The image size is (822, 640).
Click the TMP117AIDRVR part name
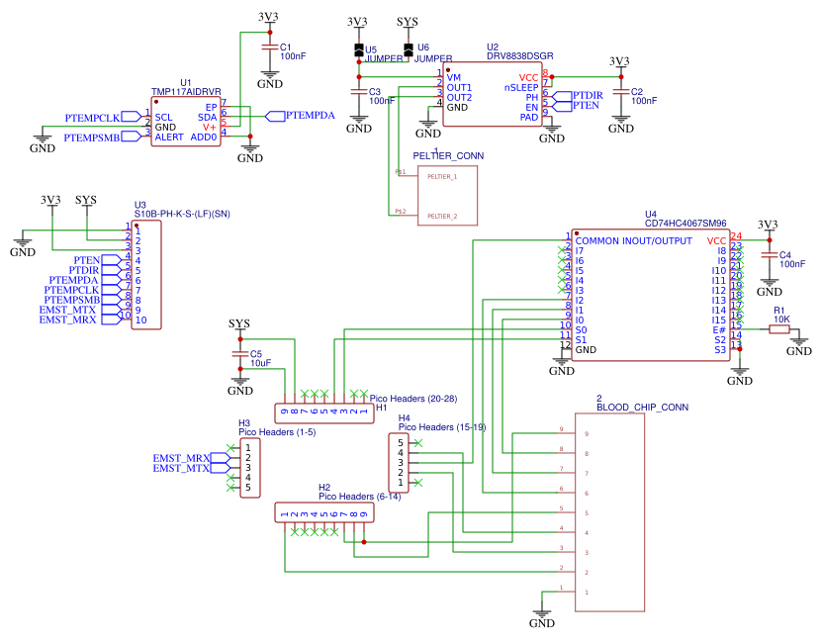[185, 92]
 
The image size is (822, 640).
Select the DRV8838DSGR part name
[519, 56]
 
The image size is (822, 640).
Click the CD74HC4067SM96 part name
[685, 225]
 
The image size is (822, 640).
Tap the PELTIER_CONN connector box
[448, 195]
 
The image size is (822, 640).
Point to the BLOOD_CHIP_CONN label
[642, 407]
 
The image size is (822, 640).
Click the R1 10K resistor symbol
[779, 329]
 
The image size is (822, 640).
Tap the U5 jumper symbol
[359, 49]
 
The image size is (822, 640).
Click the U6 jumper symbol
[410, 48]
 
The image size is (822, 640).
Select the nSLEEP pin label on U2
[521, 87]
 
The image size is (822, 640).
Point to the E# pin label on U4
[719, 329]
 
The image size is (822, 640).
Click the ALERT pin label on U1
[169, 137]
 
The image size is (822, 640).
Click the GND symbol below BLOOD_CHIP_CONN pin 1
[542, 618]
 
